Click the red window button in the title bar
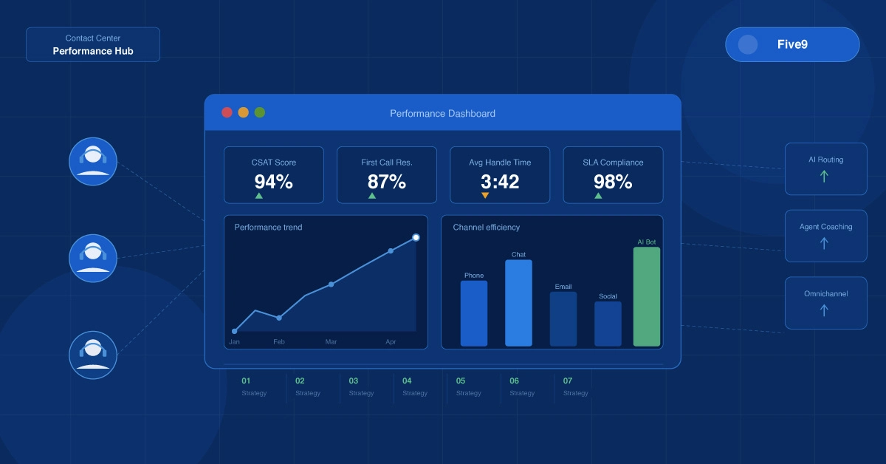point(227,112)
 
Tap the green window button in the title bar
point(260,112)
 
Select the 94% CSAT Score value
point(274,182)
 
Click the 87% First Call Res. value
point(387,182)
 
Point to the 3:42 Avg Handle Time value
point(500,182)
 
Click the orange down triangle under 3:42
point(485,196)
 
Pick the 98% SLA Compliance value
point(613,182)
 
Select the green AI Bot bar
point(647,296)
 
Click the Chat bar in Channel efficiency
point(518,303)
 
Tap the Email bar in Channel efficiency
point(563,318)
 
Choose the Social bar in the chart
point(608,324)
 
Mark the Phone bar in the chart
point(474,313)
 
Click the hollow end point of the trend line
point(416,237)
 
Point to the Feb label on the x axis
point(279,342)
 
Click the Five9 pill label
point(792,44)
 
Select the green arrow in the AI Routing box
point(825,177)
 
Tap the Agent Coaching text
point(825,227)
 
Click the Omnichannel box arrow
point(825,310)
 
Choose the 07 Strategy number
point(568,381)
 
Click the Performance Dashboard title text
point(442,114)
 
